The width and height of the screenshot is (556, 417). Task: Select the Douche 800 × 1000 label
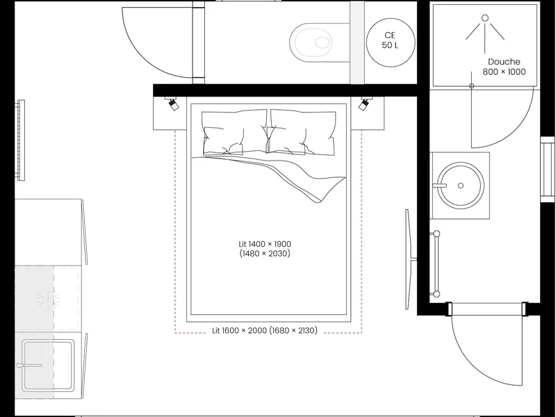click(504, 67)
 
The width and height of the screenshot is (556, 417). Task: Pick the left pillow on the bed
click(234, 132)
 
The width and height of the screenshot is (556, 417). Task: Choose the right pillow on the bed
click(302, 132)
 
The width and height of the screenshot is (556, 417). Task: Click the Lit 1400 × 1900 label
click(265, 244)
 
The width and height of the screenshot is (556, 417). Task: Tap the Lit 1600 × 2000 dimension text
click(265, 331)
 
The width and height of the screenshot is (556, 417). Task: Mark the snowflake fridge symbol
click(48, 300)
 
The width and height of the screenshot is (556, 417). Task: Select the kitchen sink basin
click(48, 366)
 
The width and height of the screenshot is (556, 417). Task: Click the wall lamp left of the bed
click(172, 103)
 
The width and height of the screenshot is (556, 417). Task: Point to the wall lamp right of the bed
click(365, 103)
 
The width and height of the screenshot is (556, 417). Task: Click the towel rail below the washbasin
click(436, 264)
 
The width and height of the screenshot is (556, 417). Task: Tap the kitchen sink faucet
click(29, 366)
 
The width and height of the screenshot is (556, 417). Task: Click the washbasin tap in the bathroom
click(440, 185)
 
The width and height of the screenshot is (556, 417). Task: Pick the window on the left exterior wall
click(22, 140)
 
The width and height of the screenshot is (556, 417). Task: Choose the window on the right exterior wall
click(547, 170)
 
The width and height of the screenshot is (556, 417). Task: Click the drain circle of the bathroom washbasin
click(461, 186)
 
